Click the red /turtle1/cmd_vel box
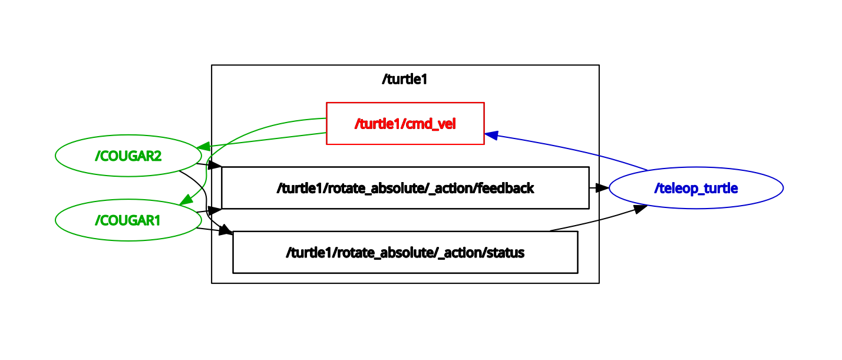[405, 123]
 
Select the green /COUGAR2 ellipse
[128, 156]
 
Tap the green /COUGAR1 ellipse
[128, 220]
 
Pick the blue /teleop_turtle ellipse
[695, 188]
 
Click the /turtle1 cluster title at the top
[404, 80]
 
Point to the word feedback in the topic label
[506, 188]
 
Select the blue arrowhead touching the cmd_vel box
[492, 135]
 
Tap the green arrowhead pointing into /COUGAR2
[204, 146]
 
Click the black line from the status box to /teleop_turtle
[589, 222]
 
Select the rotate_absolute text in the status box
[375, 253]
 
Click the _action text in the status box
[460, 253]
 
